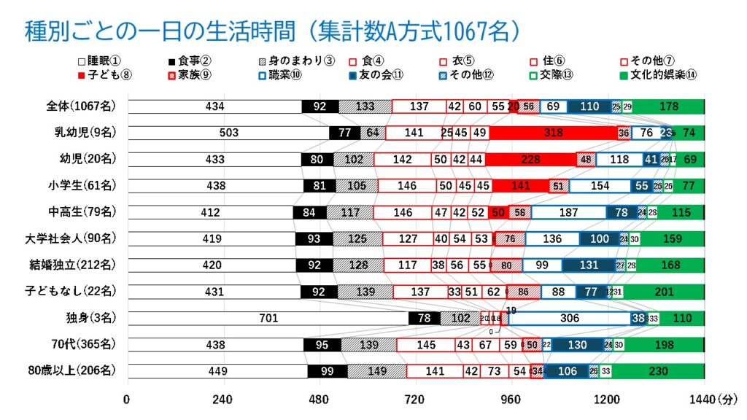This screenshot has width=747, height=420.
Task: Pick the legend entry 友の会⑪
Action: coord(382,74)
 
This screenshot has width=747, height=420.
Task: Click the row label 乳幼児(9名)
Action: coord(81,133)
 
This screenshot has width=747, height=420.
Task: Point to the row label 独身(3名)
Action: coord(88,318)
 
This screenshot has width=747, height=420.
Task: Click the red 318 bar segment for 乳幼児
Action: coord(553,133)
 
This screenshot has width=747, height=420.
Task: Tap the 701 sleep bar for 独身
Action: coord(268,318)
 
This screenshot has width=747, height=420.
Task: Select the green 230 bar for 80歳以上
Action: coord(658,371)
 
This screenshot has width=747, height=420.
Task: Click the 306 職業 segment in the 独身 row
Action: coord(569,318)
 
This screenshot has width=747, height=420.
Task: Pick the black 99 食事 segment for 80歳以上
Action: coord(327,371)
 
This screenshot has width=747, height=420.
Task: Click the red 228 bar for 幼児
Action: coord(530,159)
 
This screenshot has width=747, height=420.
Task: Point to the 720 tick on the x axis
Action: coord(414,400)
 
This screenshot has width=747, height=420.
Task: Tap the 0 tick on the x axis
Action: coord(128,400)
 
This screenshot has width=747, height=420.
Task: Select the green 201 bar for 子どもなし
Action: coord(663,292)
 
